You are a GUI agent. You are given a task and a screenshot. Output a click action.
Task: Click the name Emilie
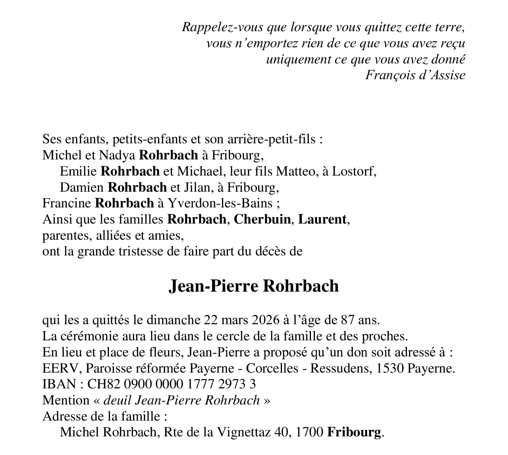pyautogui.click(x=78, y=171)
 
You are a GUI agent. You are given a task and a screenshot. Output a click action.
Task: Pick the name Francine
pyautogui.click(x=67, y=203)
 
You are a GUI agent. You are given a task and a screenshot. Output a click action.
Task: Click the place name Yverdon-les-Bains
pyautogui.click(x=220, y=203)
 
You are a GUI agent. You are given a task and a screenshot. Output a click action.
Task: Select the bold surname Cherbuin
pyautogui.click(x=262, y=219)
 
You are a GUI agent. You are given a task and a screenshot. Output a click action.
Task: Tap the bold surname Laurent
pyautogui.click(x=322, y=219)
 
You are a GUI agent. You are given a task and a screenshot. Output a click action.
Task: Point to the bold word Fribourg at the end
pyautogui.click(x=354, y=432)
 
